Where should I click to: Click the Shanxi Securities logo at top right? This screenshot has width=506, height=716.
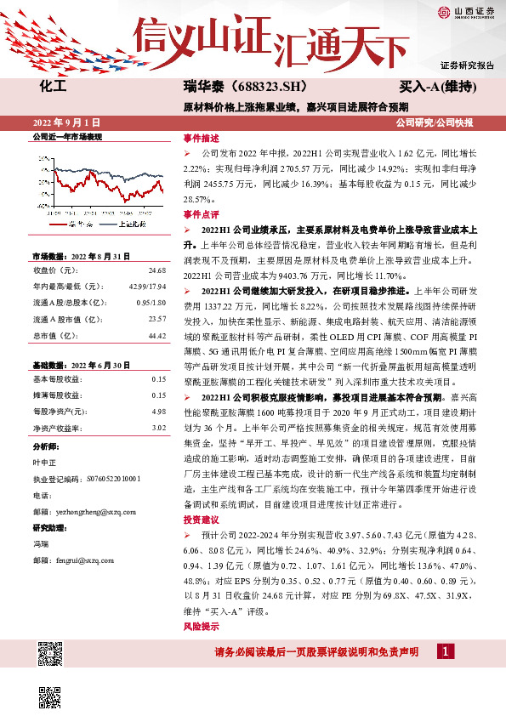(464, 11)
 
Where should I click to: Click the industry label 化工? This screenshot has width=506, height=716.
(52, 86)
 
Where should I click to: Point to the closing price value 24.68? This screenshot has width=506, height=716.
(156, 270)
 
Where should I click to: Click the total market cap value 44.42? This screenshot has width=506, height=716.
(156, 336)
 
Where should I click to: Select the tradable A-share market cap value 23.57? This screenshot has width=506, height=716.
(156, 319)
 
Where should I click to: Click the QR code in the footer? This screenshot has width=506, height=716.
(51, 655)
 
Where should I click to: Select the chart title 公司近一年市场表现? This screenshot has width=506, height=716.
(66, 136)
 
